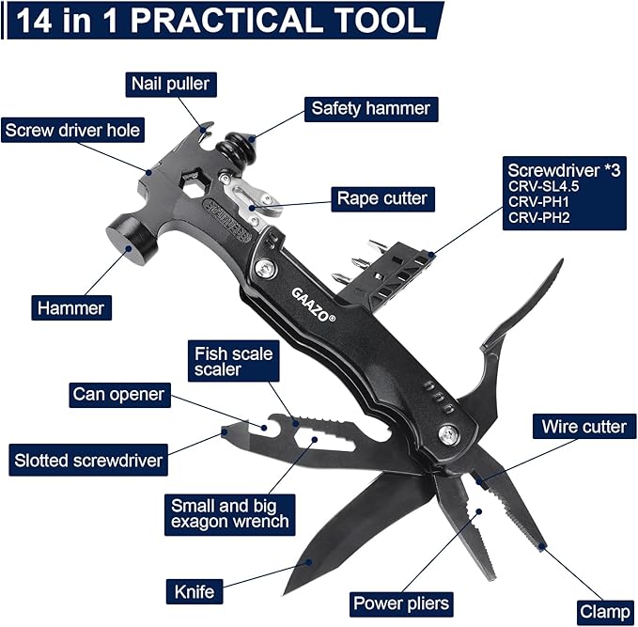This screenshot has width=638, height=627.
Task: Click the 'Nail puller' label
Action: (x=171, y=85)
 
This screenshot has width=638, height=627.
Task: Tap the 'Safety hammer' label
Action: (x=371, y=109)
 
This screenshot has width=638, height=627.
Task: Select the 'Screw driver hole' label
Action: (x=73, y=131)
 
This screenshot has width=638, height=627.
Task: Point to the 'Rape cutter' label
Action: (x=382, y=199)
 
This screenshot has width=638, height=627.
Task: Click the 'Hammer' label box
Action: (x=71, y=307)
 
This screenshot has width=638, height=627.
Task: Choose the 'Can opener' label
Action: (x=119, y=395)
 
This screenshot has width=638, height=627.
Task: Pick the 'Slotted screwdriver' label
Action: (x=88, y=460)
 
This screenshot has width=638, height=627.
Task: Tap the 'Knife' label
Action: (x=195, y=591)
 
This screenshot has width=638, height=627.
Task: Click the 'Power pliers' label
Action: (x=401, y=604)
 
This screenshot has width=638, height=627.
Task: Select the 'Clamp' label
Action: (x=605, y=612)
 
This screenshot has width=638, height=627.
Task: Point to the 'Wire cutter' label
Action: (x=584, y=427)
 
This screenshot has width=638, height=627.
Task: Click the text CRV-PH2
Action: (x=538, y=218)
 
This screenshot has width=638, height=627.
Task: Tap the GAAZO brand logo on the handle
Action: (x=313, y=305)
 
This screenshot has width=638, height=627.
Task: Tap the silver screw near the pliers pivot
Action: (x=450, y=433)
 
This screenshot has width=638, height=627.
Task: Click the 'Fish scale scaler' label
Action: (x=234, y=362)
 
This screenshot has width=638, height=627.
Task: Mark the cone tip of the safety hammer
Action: (x=252, y=139)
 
